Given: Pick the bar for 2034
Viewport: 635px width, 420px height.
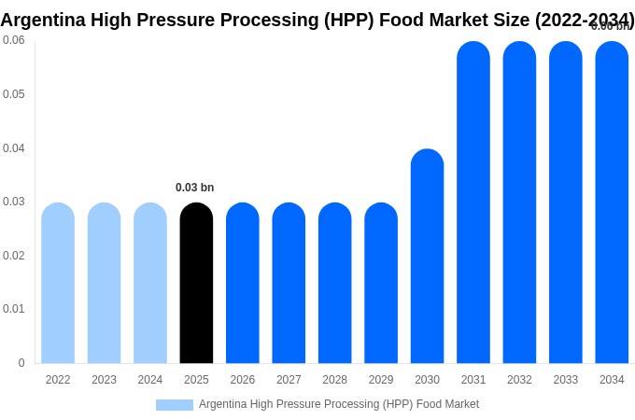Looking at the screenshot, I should [612, 203].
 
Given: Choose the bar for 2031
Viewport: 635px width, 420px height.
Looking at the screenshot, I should [473, 203].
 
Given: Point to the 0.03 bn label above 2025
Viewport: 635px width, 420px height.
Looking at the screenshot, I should [194, 188].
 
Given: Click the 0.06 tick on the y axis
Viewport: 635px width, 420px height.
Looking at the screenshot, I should [14, 40].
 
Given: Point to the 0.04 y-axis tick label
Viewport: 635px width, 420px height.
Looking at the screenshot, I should [14, 148].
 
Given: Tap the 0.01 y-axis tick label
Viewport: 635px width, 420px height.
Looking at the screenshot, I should [14, 309].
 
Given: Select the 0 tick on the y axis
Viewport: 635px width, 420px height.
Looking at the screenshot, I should [21, 363].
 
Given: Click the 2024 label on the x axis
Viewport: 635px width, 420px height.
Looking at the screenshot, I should [150, 380].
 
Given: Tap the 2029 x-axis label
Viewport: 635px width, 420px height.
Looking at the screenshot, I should [381, 380].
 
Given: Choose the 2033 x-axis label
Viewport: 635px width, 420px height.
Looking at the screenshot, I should [566, 380].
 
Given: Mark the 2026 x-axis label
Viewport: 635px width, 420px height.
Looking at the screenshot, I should [243, 380].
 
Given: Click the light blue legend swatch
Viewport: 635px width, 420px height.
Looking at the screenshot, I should [175, 405].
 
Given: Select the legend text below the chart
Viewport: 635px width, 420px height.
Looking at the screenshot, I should [338, 404].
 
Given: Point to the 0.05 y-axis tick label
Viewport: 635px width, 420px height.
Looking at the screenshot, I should [14, 94].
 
